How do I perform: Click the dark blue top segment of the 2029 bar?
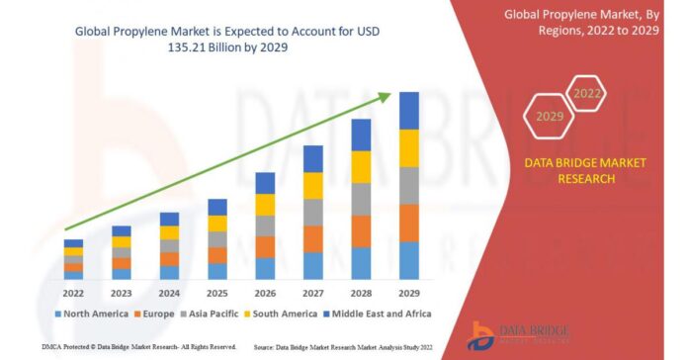[x=409, y=110]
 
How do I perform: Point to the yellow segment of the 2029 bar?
[x=409, y=147]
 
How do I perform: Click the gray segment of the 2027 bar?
[x=313, y=212]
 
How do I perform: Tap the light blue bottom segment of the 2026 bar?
[x=265, y=268]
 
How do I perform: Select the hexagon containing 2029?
[x=548, y=116]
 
